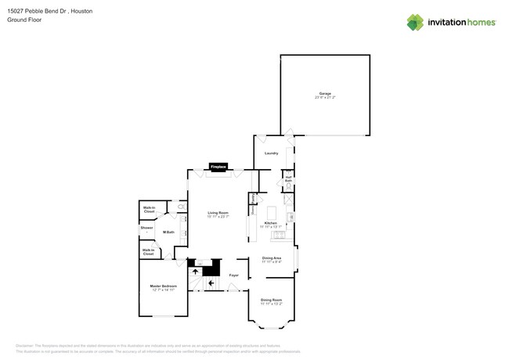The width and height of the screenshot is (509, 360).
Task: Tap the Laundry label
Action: pos(272,153)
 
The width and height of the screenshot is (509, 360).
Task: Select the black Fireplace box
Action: pos(218,167)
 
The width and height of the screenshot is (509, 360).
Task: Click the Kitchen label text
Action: pos(271,224)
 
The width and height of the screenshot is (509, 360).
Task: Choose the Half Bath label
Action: pos(289,179)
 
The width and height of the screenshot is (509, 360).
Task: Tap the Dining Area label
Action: pos(272,259)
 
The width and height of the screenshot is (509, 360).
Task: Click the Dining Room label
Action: pos(271,301)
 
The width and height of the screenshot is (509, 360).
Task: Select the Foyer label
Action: pos(233,275)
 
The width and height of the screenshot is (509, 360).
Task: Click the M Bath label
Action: pos(168,232)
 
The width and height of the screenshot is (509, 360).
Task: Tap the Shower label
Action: pos(146,228)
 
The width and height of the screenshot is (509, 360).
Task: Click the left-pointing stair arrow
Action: pos(211,283)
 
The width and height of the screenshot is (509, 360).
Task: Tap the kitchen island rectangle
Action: pos(273,214)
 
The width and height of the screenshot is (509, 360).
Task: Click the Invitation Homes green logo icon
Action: pos(416,23)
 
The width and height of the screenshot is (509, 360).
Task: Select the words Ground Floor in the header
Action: pos(24,20)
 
